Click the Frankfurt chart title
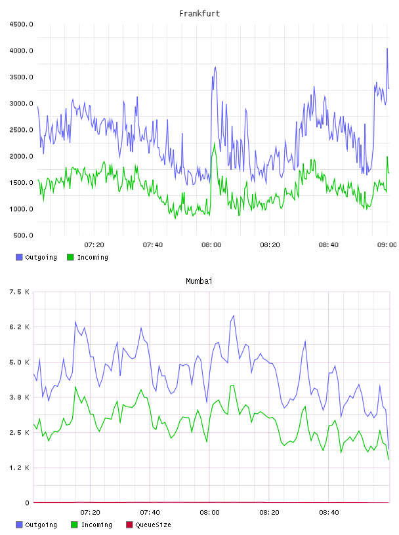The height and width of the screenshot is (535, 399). [x=199, y=14]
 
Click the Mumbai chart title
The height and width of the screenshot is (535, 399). [x=199, y=281]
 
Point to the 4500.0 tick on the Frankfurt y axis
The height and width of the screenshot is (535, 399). [x=21, y=24]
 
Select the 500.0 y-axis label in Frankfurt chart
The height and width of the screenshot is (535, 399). [x=23, y=235]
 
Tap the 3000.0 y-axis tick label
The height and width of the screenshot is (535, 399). [x=21, y=104]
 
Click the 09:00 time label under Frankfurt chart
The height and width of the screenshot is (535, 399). [x=387, y=245]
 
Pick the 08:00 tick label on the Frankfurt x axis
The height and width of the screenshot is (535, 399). [x=211, y=245]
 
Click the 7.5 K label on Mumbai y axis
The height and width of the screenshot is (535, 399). [x=20, y=292]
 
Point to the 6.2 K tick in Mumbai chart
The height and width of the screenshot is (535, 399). [x=20, y=327]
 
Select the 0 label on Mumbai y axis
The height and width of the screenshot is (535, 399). [x=27, y=503]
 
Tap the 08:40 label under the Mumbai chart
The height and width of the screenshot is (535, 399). [x=329, y=513]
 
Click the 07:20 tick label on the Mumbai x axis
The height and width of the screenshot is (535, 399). [x=90, y=513]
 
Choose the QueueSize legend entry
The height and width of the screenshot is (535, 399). [x=148, y=525]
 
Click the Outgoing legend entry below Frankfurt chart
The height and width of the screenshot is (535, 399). [x=36, y=257]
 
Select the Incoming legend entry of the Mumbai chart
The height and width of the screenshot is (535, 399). [x=91, y=525]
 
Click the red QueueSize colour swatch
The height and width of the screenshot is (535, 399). [x=129, y=525]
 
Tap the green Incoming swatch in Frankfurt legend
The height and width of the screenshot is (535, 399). [x=70, y=257]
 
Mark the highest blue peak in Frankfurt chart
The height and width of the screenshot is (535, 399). [x=387, y=49]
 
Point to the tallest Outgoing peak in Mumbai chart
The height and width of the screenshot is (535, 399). [x=234, y=315]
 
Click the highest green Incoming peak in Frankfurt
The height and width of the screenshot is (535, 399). [x=215, y=144]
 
